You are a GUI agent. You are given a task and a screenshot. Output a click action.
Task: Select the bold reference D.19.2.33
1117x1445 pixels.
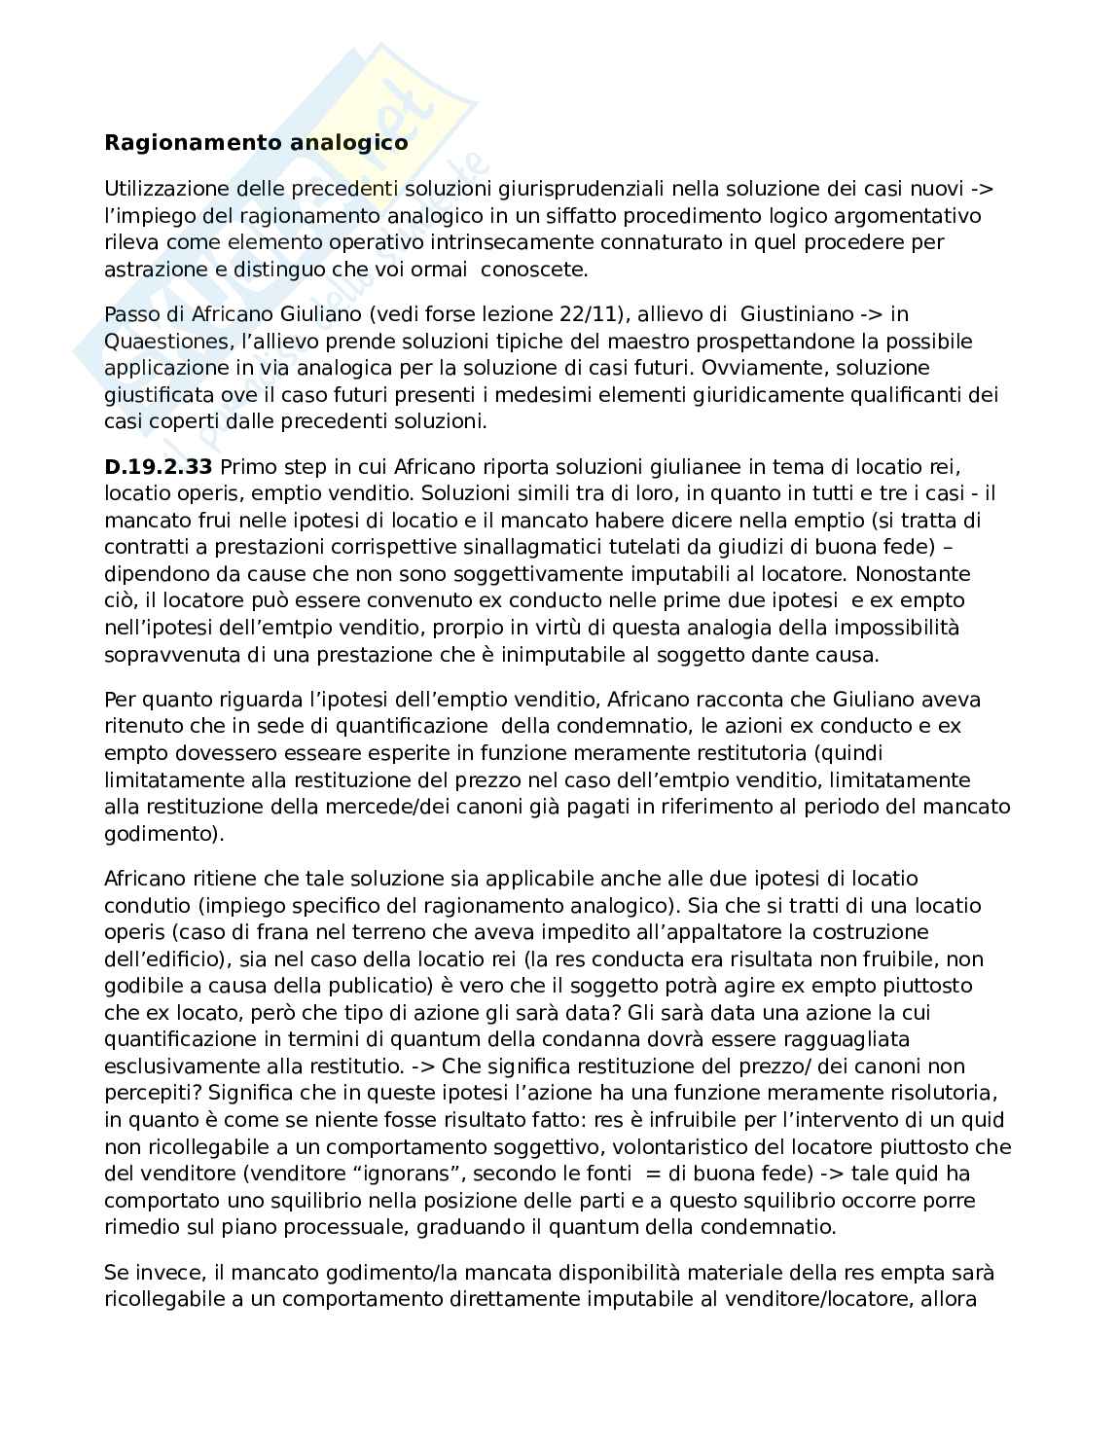pyautogui.click(x=158, y=467)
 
